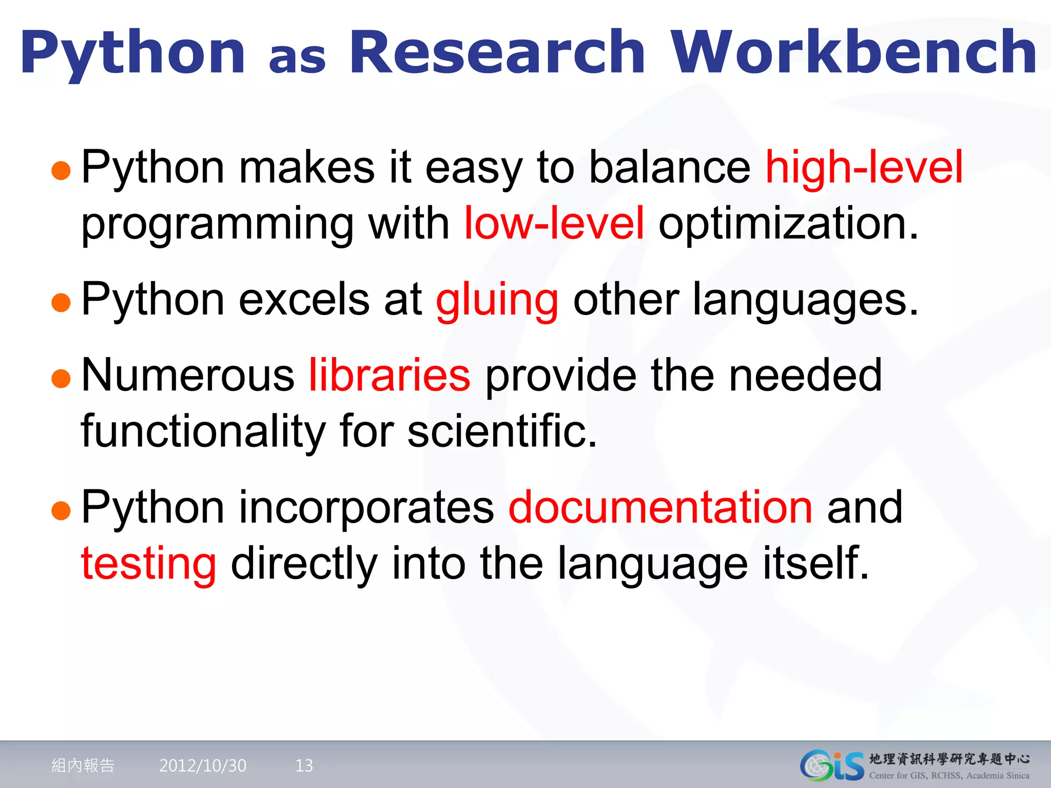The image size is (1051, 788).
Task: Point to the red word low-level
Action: coord(554,223)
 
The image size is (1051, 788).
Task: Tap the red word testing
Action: coord(148,564)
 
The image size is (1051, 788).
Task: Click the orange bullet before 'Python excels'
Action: coord(61,302)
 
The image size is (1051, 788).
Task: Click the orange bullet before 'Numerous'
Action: coord(61,379)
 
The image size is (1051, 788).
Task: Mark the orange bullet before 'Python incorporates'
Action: coord(61,510)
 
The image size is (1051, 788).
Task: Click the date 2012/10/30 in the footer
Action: coord(203,765)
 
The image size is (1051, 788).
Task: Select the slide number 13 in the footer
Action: coord(304,765)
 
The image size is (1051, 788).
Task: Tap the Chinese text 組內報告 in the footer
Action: coord(83,765)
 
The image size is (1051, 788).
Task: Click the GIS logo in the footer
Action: coord(831,765)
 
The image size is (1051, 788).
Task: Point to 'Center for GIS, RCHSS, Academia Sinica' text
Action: coord(949,776)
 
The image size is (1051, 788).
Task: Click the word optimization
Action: coord(788,223)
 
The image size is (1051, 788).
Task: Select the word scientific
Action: coord(502,431)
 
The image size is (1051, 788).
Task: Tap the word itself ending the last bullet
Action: coord(816,563)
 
